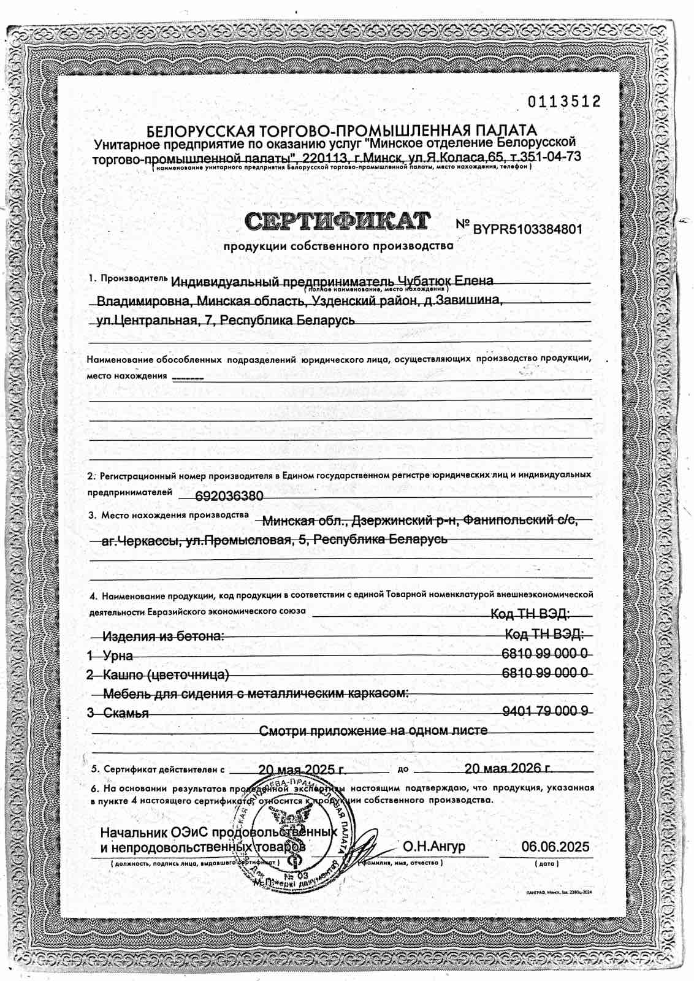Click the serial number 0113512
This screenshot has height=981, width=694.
click(x=564, y=102)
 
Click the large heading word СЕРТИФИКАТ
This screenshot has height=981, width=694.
click(x=338, y=221)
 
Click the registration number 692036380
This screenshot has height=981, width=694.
click(x=229, y=495)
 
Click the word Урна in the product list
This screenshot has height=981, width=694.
click(x=118, y=655)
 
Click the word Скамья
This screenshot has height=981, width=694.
click(x=126, y=713)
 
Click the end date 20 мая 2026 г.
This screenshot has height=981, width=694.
click(x=508, y=769)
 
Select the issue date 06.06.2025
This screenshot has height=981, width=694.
click(x=555, y=847)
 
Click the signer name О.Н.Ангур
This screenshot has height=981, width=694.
click(x=433, y=847)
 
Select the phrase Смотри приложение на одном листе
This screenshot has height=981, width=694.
click(x=373, y=731)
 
